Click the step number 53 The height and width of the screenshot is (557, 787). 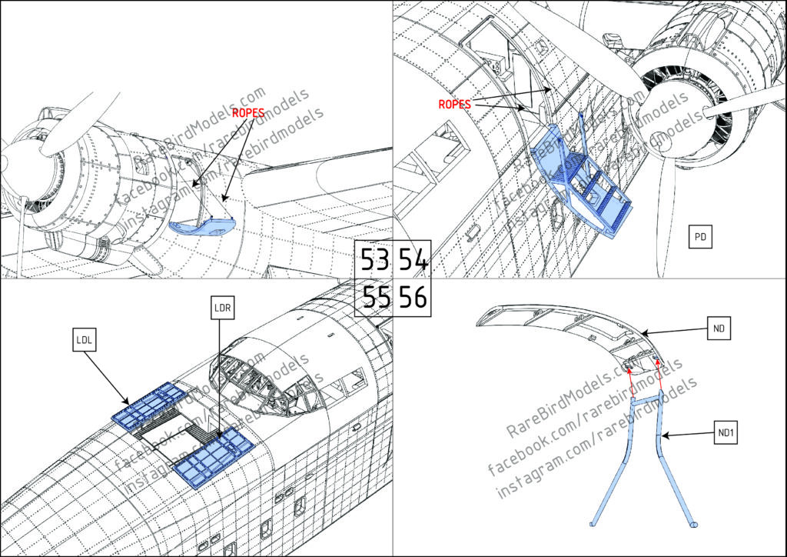point(375,261)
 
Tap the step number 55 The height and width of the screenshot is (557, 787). point(376,296)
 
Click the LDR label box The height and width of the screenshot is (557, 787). point(220,309)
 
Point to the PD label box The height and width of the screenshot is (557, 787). point(699,238)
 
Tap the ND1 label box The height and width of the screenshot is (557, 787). point(726,435)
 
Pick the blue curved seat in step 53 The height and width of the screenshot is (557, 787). point(201,225)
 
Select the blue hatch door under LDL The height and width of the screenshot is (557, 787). point(148,404)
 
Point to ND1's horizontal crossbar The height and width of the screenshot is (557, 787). point(646,399)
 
